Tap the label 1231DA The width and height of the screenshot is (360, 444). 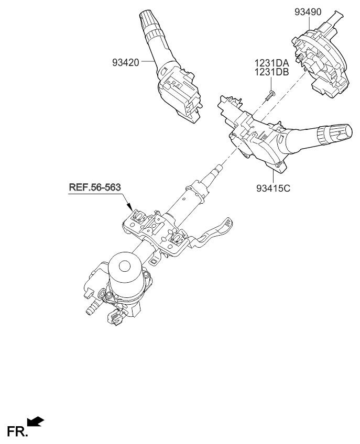(272, 63)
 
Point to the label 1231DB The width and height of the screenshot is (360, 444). (272, 72)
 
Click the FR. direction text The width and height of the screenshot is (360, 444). (16, 431)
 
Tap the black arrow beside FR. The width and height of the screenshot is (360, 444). (35, 421)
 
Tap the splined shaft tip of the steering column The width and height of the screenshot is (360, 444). (218, 170)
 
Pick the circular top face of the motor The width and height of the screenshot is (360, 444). (124, 264)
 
